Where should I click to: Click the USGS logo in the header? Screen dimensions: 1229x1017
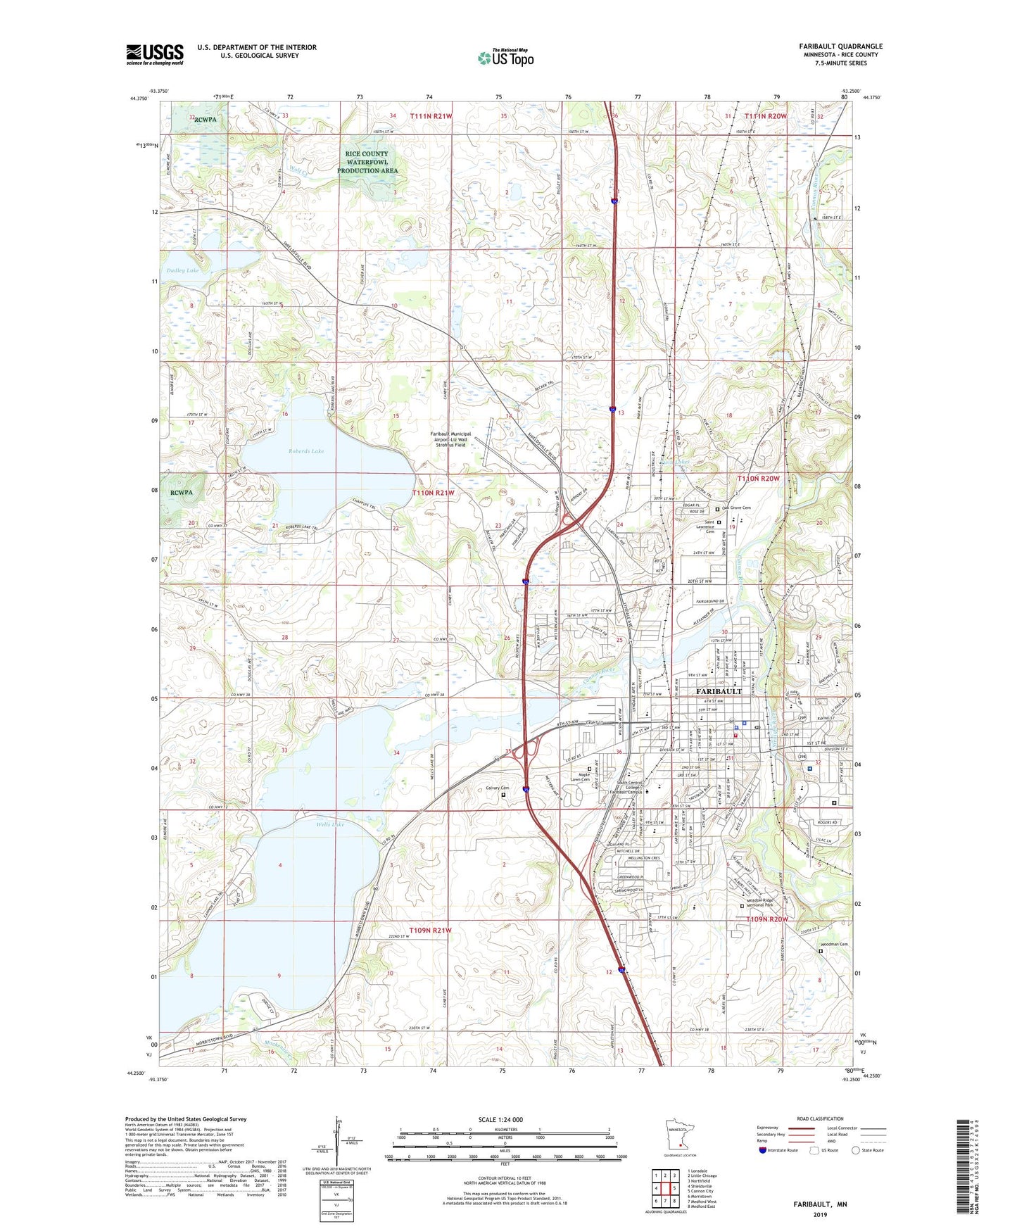pyautogui.click(x=155, y=54)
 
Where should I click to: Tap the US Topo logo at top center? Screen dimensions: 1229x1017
pyautogui.click(x=506, y=58)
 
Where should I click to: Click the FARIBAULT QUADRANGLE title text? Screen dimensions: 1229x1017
pyautogui.click(x=840, y=46)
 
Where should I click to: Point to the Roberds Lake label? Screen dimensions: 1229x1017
pyautogui.click(x=305, y=450)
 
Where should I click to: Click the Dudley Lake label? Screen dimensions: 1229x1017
pyautogui.click(x=182, y=270)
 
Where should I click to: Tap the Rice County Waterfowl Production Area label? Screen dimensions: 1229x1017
pyautogui.click(x=367, y=162)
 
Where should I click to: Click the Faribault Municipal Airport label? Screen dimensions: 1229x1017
pyautogui.click(x=451, y=439)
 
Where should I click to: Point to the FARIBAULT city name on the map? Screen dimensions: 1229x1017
pyautogui.click(x=719, y=691)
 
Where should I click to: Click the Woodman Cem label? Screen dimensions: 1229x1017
pyautogui.click(x=834, y=944)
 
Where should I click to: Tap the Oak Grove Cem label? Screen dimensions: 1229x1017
pyautogui.click(x=736, y=508)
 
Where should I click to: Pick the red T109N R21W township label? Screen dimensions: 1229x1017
pyautogui.click(x=420, y=930)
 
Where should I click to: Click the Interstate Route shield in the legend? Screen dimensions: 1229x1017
pyautogui.click(x=763, y=1150)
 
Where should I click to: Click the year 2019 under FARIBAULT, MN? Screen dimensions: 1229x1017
pyautogui.click(x=820, y=1214)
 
